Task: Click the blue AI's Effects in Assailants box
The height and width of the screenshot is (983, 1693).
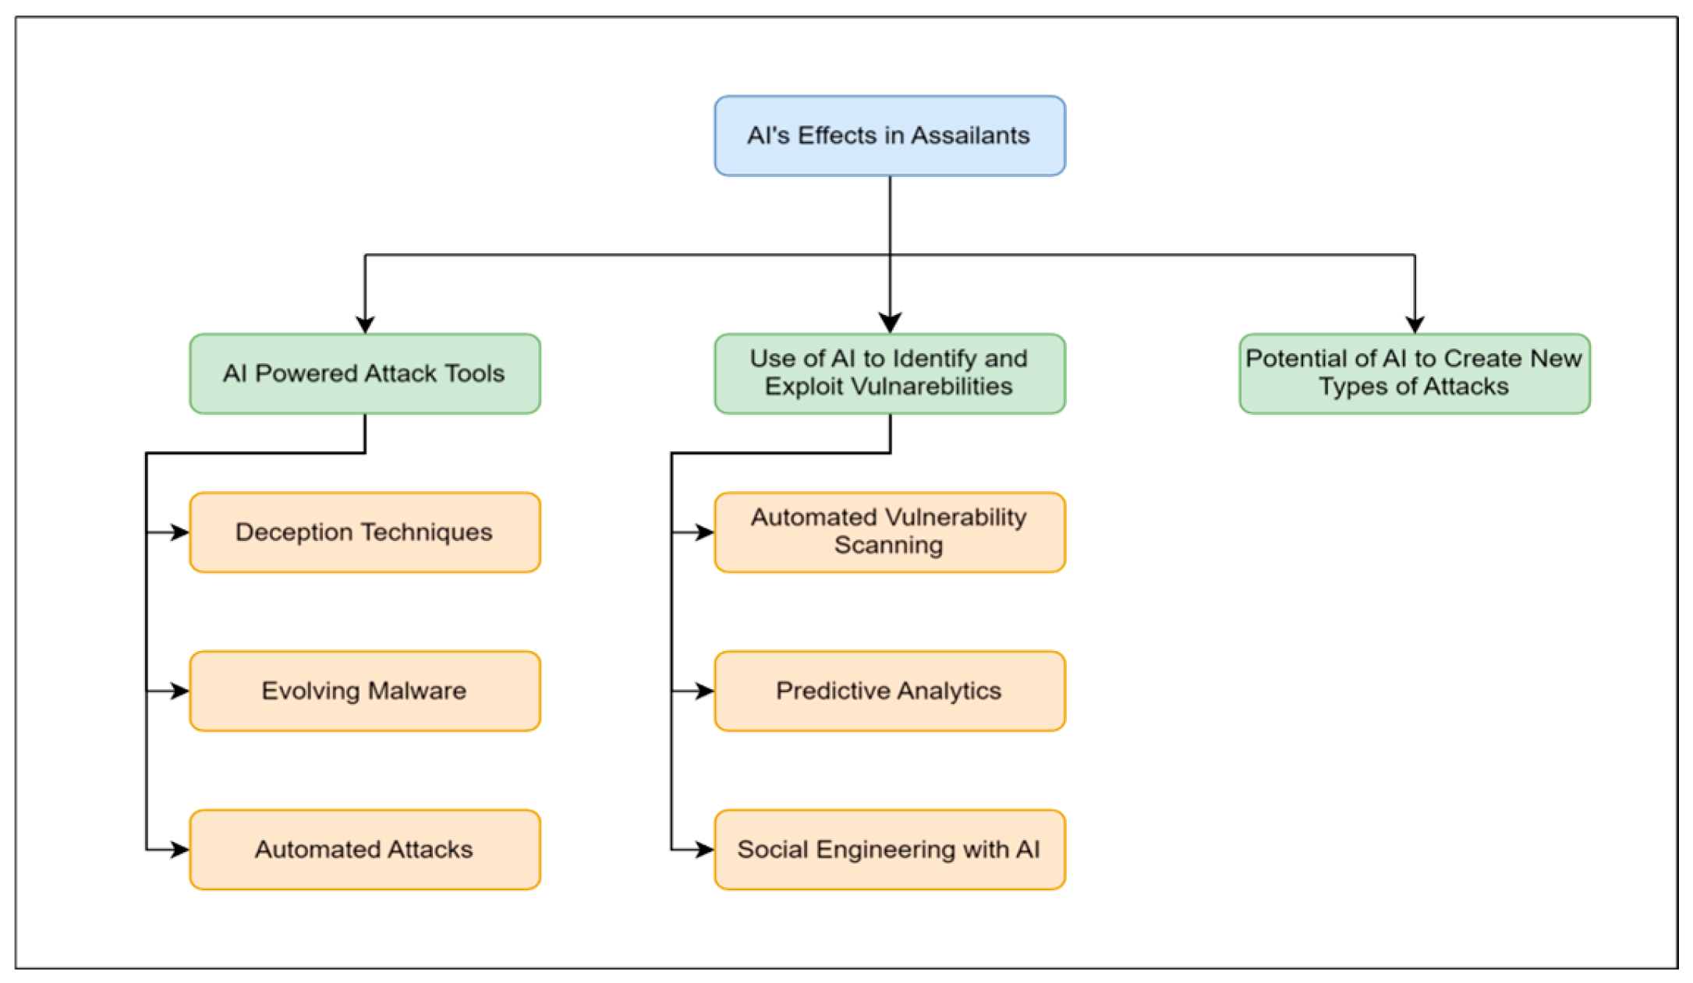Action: pos(889,136)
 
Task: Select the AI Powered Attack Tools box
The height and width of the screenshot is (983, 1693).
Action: pos(364,373)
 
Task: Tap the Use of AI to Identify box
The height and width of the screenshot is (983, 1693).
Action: pos(889,373)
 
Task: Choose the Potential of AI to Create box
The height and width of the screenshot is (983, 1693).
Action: pos(1414,373)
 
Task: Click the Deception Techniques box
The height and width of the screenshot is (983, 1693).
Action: pos(364,532)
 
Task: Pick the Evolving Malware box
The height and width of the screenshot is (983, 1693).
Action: pos(364,691)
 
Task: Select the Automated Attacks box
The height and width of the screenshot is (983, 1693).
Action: pos(364,849)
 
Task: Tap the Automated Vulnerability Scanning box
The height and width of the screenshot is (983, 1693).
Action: pos(889,532)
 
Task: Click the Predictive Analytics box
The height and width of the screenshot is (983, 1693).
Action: pos(889,691)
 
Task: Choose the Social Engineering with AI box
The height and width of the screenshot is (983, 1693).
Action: pos(889,849)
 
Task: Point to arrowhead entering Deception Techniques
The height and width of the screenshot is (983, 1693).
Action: pos(180,532)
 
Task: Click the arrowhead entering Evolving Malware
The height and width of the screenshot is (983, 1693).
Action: pos(180,691)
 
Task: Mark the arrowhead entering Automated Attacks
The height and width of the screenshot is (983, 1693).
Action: pos(180,849)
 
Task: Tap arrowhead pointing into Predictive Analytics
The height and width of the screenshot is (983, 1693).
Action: pos(705,691)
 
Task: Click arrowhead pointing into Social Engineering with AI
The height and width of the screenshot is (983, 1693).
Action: pos(705,849)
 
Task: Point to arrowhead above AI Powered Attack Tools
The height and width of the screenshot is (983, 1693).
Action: pos(365,324)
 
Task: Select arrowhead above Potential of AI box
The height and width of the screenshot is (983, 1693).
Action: pos(1415,324)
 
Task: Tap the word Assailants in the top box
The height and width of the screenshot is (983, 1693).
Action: pos(970,136)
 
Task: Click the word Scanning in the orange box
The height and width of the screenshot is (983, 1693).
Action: pos(888,546)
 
